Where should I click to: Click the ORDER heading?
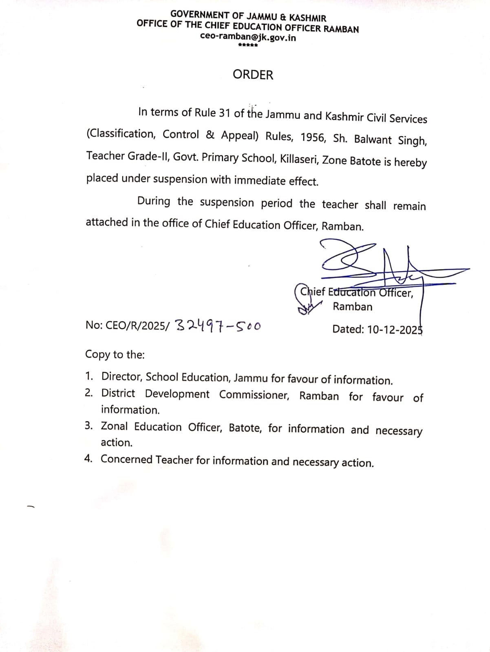[x=253, y=75]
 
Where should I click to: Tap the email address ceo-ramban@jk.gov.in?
[x=248, y=38]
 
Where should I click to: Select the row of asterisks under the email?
[x=247, y=45]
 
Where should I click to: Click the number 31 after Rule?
[x=225, y=113]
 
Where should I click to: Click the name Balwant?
[x=373, y=139]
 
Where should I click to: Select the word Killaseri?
[x=299, y=159]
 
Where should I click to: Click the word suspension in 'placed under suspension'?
[x=180, y=179]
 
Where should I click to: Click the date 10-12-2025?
[x=395, y=329]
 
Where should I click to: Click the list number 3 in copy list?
[x=88, y=426]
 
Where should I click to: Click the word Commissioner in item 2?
[x=254, y=395]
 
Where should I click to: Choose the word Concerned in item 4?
[x=126, y=459]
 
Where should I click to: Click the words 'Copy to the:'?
[x=115, y=354]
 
